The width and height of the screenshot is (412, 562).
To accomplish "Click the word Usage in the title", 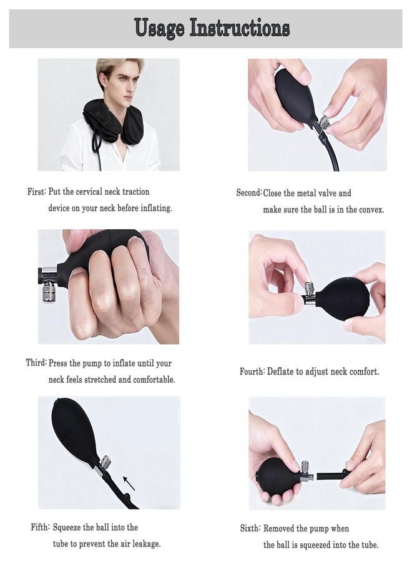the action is coord(159,29).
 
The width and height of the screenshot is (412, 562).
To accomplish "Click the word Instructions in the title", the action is coord(240,27).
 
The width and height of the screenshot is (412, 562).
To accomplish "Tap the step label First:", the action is coord(37,192).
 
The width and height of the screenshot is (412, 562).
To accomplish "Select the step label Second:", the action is coord(249,192).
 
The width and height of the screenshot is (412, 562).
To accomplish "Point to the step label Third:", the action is coord(36,363).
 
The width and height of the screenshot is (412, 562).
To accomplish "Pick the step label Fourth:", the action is coord(252,372).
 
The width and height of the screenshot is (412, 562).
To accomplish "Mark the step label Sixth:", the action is coord(250,528).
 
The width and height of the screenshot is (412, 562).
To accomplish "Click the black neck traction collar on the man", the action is coord(114,120).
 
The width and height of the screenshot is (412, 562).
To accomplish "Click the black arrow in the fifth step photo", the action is coord(129,483).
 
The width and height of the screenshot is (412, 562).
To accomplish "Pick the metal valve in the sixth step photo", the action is coord(305,471).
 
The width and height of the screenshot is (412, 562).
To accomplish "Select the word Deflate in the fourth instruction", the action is coord(280,372).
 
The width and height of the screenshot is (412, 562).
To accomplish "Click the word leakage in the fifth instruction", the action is coord(146,544).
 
